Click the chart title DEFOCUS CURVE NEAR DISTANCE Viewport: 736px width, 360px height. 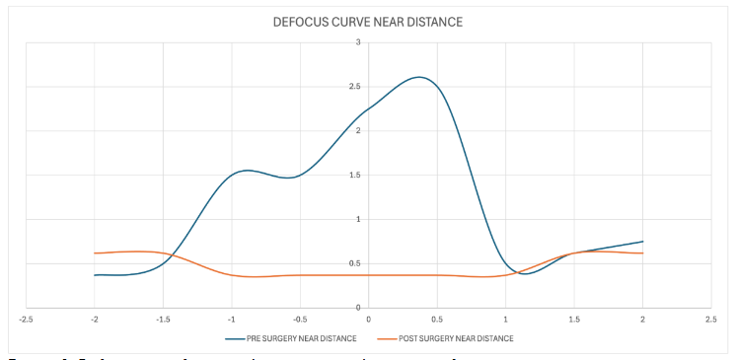[369, 22]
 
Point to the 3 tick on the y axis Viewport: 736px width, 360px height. [358, 42]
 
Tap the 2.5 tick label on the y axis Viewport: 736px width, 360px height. [355, 87]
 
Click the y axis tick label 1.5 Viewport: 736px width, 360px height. [355, 175]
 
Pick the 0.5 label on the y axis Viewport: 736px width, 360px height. [355, 263]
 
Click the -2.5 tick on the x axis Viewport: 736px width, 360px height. [26, 319]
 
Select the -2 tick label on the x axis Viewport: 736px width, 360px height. [94, 319]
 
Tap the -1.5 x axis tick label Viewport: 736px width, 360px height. [163, 319]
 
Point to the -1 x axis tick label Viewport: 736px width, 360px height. [231, 319]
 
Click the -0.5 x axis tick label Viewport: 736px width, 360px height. [300, 319]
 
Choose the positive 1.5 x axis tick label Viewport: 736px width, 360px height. [574, 319]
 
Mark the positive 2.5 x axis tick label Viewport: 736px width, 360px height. [710, 319]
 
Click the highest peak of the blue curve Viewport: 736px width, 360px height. [420, 77]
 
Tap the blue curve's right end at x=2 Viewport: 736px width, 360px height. [642, 242]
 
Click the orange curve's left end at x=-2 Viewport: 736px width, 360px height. [95, 253]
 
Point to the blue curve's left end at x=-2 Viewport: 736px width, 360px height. [95, 275]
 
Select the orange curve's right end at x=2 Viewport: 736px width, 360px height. [642, 253]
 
